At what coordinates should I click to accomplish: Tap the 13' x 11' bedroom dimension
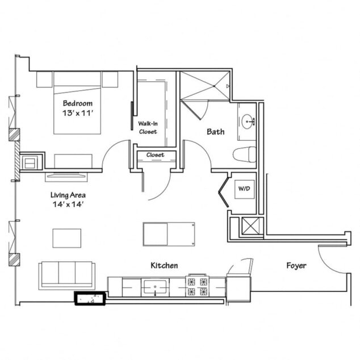click(x=78, y=114)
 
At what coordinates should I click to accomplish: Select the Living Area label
click(x=68, y=195)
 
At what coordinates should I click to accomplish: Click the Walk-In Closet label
click(x=148, y=127)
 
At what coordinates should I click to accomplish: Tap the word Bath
click(x=215, y=132)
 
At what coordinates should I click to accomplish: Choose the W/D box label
click(x=244, y=187)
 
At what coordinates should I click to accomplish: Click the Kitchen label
click(x=164, y=265)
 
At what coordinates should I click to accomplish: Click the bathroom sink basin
click(x=248, y=120)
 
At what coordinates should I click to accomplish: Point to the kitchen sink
click(x=154, y=287)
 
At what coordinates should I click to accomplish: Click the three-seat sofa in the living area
click(x=67, y=274)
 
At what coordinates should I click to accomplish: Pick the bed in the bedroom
click(x=77, y=105)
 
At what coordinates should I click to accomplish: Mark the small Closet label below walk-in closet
click(x=155, y=154)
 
